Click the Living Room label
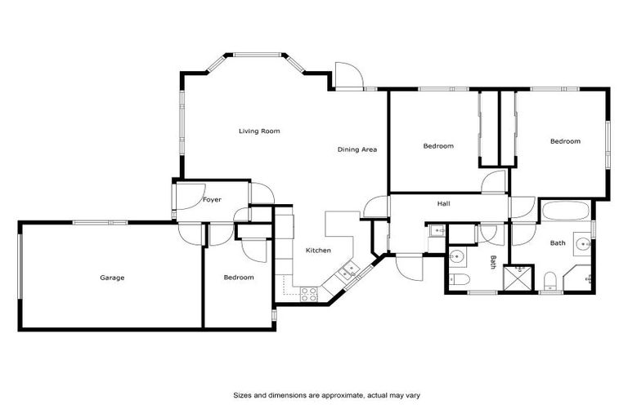259,131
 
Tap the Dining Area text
357,149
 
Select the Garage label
112,278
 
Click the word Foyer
212,199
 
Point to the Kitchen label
318,250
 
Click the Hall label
443,203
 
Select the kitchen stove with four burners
310,294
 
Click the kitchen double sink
349,271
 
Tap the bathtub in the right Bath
566,213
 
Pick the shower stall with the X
518,278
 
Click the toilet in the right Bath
550,282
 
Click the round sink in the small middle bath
458,257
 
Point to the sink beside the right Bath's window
584,243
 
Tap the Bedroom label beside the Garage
238,278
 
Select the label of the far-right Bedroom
564,141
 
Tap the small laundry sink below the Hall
436,232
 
